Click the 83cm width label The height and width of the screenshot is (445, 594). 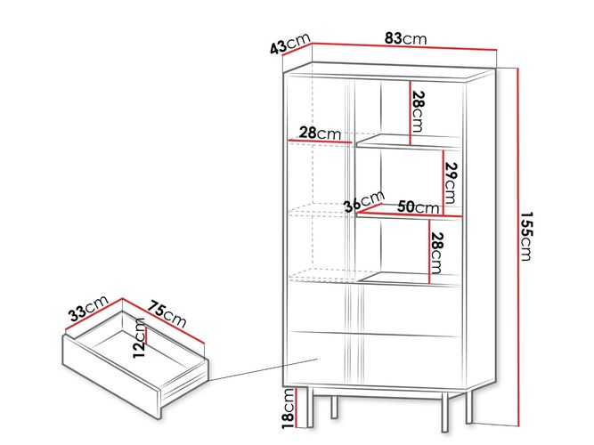coord(405,38)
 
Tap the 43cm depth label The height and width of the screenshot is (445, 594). coord(290,44)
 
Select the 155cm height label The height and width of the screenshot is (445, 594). coord(525,236)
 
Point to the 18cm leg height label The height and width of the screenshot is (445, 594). coord(289,409)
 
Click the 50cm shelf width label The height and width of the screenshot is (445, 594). coord(418,207)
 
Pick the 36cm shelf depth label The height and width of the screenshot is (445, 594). coord(364,201)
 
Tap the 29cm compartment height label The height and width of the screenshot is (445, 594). coord(452,182)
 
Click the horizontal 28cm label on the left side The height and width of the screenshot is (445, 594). coord(320,133)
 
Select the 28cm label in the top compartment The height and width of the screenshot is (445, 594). coord(417,111)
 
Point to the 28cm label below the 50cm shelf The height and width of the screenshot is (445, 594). coord(436,253)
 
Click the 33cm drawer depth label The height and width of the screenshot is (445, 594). coord(89,308)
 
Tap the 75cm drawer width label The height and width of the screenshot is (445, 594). coord(167,314)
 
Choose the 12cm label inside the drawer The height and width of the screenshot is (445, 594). coord(139,338)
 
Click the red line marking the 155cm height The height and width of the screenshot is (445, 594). coord(517,247)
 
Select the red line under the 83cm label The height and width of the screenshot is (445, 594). coord(403,46)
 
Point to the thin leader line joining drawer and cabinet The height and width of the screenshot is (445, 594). coord(263,369)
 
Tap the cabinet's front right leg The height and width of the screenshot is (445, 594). coord(444,412)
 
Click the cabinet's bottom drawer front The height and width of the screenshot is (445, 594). coord(374,358)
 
